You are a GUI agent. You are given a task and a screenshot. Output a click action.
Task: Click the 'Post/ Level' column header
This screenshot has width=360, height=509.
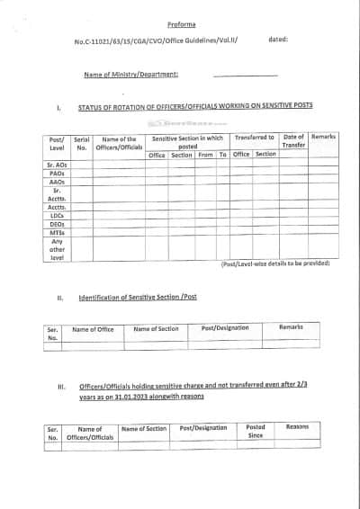[x=56, y=144]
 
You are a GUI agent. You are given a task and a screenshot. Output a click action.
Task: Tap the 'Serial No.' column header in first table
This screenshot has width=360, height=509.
[x=81, y=144]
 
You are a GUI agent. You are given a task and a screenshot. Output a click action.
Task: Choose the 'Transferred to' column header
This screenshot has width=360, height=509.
[x=255, y=138]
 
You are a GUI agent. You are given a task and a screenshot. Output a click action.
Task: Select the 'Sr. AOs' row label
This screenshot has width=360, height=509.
[x=56, y=166]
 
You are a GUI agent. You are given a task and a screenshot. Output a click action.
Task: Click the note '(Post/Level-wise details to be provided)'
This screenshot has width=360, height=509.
[x=274, y=263]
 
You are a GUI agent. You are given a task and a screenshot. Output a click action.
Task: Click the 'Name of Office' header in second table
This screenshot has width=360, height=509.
[x=93, y=329]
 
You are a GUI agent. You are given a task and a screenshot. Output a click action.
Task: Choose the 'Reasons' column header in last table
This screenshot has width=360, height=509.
[x=297, y=428]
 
